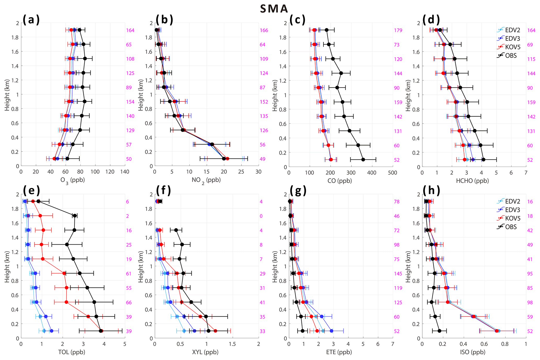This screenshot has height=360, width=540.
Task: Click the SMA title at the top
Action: [274, 9]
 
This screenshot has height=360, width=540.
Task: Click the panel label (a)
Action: [31, 20]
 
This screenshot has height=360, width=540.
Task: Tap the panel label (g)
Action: [298, 191]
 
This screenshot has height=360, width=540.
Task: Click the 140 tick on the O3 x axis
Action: [125, 172]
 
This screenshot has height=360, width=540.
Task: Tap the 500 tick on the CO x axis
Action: [392, 173]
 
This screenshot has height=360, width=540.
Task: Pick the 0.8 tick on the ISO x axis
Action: [505, 344]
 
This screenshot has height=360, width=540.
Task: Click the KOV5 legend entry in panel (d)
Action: [510, 47]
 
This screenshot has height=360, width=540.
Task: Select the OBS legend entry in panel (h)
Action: [510, 227]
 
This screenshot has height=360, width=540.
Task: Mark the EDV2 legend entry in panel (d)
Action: [510, 30]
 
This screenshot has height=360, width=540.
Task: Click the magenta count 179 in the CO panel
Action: [398, 30]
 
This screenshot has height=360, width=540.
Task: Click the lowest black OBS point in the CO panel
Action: [363, 160]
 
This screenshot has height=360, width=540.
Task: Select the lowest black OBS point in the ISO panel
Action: [439, 331]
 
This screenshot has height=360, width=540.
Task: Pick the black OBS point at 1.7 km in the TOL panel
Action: [75, 216]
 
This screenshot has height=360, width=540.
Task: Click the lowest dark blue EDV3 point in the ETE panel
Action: [332, 331]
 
